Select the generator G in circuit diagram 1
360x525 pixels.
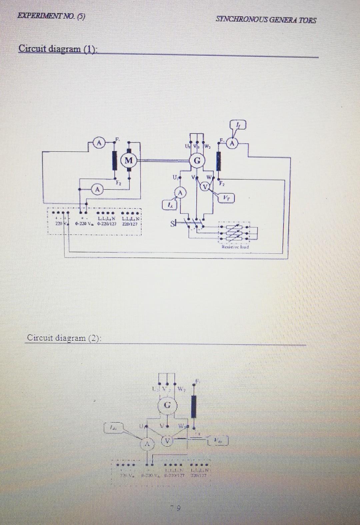click(197, 160)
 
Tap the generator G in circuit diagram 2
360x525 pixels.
click(168, 405)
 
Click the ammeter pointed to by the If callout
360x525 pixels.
click(233, 144)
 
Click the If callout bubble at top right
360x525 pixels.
click(238, 126)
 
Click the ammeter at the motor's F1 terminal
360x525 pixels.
click(98, 143)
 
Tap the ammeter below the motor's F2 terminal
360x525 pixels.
click(97, 189)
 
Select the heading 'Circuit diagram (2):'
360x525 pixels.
click(64, 338)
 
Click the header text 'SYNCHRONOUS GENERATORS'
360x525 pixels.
click(266, 20)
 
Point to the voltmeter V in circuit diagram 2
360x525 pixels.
click(167, 441)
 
